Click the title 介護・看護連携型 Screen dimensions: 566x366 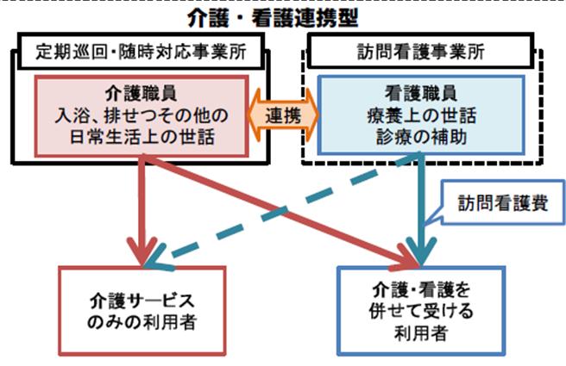click(x=273, y=18)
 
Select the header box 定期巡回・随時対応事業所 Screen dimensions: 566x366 click(x=141, y=51)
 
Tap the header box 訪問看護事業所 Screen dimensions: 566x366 click(x=420, y=51)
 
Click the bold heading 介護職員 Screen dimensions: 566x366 click(x=141, y=94)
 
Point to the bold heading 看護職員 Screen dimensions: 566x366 click(x=421, y=94)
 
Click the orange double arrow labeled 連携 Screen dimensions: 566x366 click(x=283, y=115)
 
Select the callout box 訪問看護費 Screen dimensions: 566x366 click(x=503, y=203)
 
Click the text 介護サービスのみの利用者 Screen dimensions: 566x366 click(x=141, y=311)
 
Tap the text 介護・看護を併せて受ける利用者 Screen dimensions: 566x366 click(x=421, y=311)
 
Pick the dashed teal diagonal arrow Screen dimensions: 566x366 click(x=281, y=211)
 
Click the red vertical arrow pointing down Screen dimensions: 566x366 click(x=142, y=211)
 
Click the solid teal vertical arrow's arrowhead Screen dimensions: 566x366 click(x=421, y=251)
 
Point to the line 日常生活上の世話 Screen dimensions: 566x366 click(x=141, y=137)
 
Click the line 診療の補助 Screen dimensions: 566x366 click(x=421, y=137)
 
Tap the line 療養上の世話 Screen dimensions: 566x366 click(x=421, y=115)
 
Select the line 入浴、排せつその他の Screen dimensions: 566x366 click(x=141, y=115)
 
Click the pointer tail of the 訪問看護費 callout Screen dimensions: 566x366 click(x=432, y=218)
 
